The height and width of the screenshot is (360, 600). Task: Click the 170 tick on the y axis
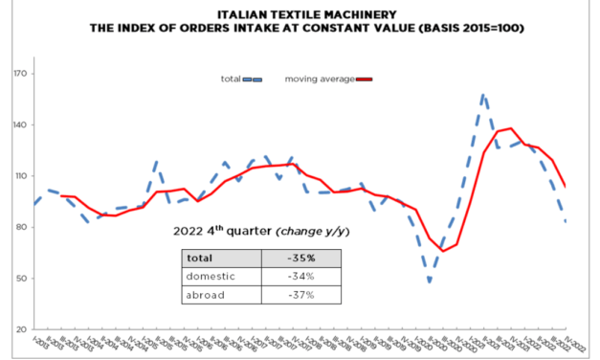(x=19, y=74)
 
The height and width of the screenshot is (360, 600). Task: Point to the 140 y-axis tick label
(x=19, y=125)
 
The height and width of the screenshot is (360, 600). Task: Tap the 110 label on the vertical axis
(x=19, y=176)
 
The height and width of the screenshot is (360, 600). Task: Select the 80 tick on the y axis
(x=21, y=228)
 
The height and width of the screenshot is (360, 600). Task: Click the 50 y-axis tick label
(x=21, y=279)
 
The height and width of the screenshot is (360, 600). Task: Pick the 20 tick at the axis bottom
(x=21, y=330)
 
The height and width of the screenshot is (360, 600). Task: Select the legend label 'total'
(x=230, y=78)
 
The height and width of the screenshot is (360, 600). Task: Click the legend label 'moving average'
(x=319, y=78)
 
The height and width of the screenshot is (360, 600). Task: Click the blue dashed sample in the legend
(x=255, y=79)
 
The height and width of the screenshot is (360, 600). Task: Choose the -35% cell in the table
(x=302, y=259)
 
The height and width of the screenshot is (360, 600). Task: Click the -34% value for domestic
(x=302, y=277)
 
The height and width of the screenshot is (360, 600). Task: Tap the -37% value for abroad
(x=302, y=295)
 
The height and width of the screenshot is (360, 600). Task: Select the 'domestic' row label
(x=212, y=277)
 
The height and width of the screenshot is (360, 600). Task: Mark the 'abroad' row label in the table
(x=208, y=295)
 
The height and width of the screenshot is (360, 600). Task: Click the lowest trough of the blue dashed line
(x=430, y=281)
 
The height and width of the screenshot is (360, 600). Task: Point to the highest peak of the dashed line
(x=484, y=95)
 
